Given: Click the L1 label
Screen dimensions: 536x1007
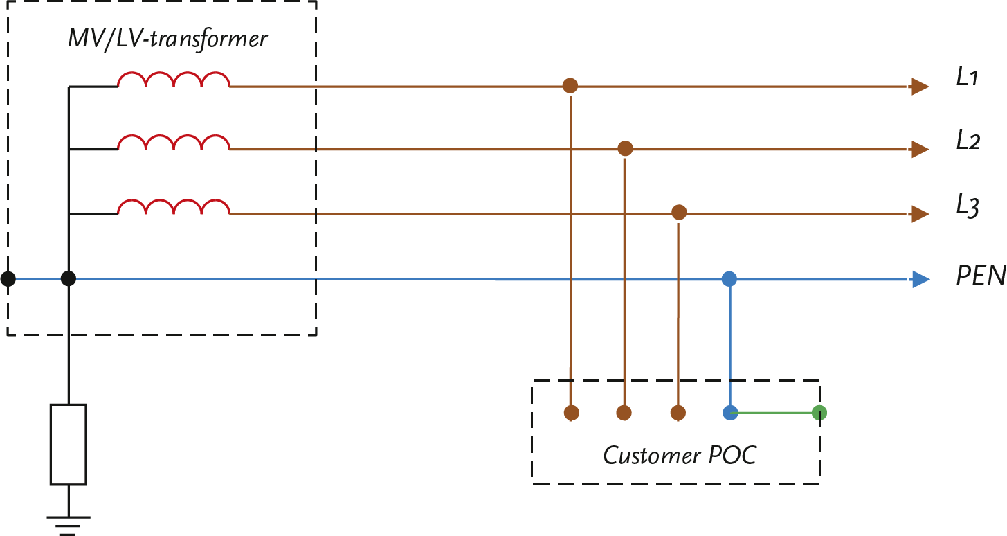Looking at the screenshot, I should coord(966,78).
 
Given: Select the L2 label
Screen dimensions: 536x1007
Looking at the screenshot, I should coord(968,141).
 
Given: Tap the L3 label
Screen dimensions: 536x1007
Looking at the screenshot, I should coord(968,206).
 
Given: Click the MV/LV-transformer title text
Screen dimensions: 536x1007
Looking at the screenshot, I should coord(167,39).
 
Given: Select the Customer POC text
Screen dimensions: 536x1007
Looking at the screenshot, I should coord(680,456).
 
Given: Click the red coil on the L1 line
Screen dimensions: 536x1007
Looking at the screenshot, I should coord(174,80).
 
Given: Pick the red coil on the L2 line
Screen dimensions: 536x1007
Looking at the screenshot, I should coord(174,143).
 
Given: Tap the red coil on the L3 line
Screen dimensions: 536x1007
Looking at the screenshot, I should coord(174,207).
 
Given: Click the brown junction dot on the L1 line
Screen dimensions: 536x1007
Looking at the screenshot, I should coord(570,86).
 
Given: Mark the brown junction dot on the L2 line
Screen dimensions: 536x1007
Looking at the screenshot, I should coord(625,148).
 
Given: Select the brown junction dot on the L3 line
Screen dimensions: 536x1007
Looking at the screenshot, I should coord(679,213).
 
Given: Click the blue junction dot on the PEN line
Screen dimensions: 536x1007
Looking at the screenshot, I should coord(729,279).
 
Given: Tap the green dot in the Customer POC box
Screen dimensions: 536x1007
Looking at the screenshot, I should coord(819,413).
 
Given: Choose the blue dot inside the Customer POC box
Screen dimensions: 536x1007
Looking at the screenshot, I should coord(729,413).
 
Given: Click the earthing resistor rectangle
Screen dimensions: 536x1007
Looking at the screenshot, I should coord(68,444).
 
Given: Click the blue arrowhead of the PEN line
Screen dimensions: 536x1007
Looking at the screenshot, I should coord(920,280).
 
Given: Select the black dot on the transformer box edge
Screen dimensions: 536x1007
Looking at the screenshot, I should coord(8,279).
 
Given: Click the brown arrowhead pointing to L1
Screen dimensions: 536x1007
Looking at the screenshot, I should coord(920,87).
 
